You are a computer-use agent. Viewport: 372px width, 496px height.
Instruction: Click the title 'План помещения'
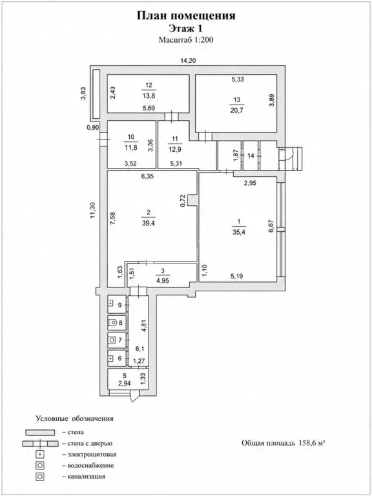tap(186, 15)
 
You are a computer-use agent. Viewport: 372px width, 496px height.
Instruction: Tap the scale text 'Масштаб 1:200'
tap(186, 40)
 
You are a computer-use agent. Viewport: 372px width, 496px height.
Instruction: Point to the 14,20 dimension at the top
tap(188, 61)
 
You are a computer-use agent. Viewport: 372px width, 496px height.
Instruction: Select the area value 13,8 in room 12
tap(149, 94)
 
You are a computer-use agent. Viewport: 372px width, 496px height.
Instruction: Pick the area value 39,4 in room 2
tap(149, 223)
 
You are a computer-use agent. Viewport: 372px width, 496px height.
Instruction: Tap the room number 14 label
tap(251, 156)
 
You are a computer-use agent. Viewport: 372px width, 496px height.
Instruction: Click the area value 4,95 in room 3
tap(163, 280)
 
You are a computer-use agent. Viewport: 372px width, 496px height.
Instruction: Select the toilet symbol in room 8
tap(112, 323)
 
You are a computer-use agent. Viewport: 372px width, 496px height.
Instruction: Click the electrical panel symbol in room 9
tap(110, 304)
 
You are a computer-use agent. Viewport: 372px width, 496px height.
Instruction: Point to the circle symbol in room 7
tap(112, 340)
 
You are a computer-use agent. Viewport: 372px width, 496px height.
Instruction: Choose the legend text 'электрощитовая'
tap(92, 455)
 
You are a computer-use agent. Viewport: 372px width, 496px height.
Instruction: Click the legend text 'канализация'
tap(86, 476)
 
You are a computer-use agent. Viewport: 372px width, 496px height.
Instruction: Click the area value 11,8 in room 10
tap(131, 147)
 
